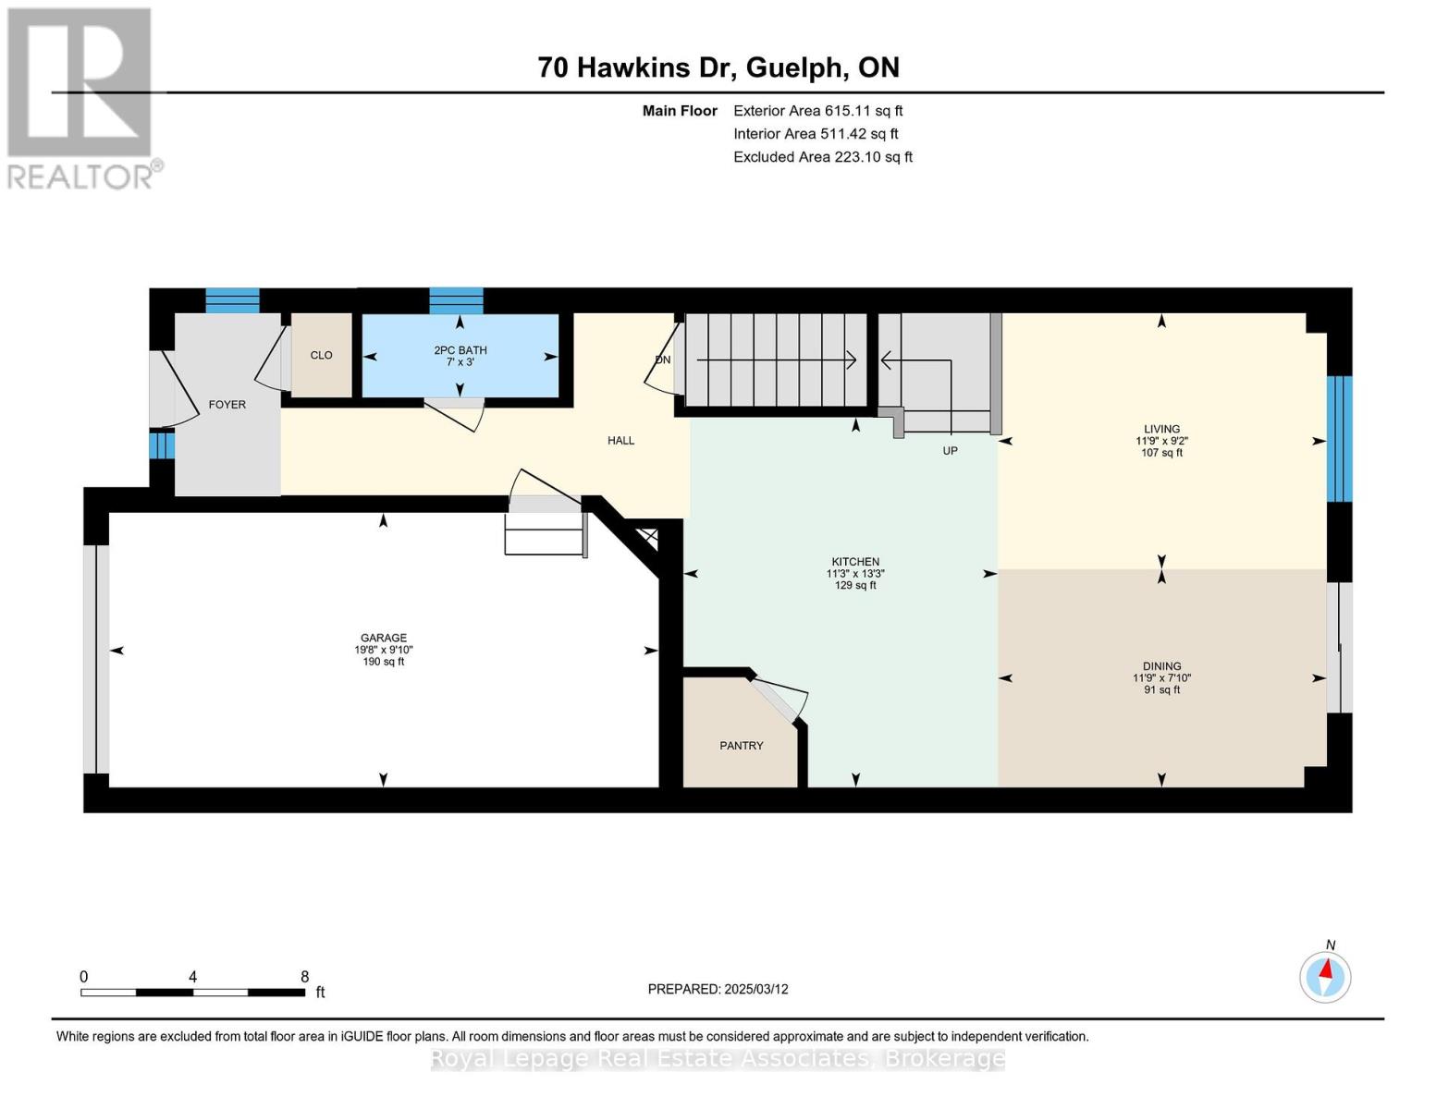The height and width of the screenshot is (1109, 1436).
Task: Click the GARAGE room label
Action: (383, 638)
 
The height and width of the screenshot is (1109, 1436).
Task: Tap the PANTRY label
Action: (741, 746)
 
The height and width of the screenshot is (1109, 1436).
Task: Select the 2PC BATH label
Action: (460, 350)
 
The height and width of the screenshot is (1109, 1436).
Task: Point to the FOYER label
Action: (227, 405)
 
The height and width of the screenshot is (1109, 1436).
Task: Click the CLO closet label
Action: (321, 356)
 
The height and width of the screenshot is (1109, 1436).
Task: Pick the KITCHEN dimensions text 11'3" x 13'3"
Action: (855, 574)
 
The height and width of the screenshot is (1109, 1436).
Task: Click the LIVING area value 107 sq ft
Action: (1161, 453)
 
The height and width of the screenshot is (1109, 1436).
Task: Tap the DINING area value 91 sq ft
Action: (1161, 690)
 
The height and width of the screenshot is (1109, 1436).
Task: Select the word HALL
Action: (620, 441)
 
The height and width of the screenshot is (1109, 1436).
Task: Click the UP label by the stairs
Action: (950, 451)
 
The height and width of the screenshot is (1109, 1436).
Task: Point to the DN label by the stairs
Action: (662, 360)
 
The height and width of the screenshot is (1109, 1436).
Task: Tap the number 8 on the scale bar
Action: (304, 977)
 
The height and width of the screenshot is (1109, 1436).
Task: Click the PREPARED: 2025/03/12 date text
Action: (718, 989)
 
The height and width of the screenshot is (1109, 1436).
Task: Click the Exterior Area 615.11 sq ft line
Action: (817, 111)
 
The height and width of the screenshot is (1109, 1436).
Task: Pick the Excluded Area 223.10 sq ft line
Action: (822, 157)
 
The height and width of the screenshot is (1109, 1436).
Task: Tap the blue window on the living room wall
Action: (1339, 439)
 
